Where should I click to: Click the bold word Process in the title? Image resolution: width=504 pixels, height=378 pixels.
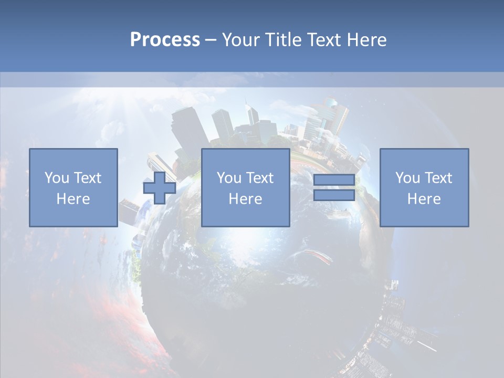[x=165, y=40]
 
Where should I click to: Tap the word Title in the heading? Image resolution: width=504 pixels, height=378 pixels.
[x=282, y=40]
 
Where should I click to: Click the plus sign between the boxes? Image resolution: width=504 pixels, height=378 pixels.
[x=160, y=188]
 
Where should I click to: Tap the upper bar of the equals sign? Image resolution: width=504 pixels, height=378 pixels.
[x=334, y=180]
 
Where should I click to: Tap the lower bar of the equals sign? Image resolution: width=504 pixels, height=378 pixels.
[x=334, y=195]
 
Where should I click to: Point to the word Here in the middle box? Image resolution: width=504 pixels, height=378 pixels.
[x=245, y=199]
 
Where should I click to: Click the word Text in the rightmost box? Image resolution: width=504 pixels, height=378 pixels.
[x=437, y=178]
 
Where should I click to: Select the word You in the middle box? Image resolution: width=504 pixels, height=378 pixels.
[x=228, y=178]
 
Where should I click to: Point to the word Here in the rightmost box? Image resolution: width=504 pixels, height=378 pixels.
[x=424, y=199]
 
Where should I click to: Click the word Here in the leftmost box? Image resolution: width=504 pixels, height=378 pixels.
[x=73, y=199]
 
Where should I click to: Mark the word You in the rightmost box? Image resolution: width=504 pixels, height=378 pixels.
[x=407, y=178]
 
